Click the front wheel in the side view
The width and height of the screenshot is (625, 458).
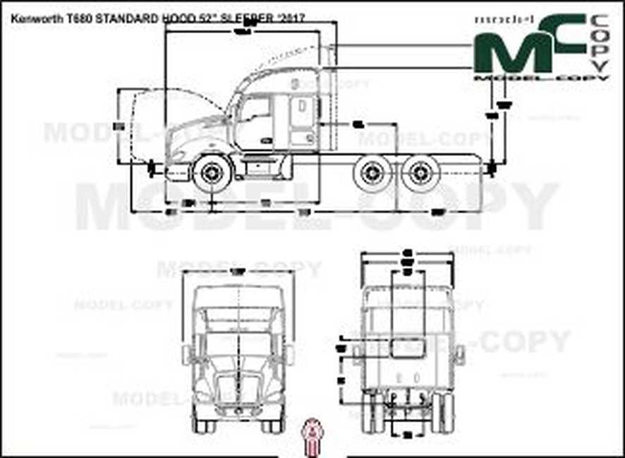coord(210,172)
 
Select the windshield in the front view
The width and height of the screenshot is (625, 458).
coord(240,347)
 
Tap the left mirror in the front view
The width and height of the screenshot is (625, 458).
coord(187,354)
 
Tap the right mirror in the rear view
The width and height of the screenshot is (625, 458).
coord(459,354)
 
